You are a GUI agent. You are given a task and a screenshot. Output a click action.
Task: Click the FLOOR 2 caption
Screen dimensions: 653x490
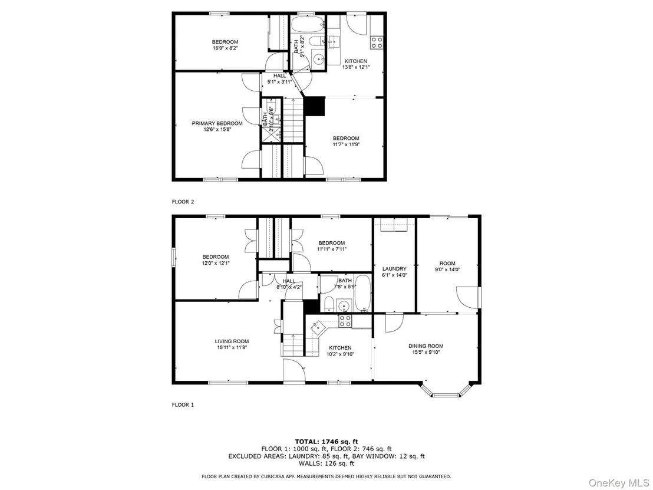click(x=183, y=202)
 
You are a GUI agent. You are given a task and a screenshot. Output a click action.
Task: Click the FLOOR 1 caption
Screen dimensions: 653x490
click(x=183, y=405)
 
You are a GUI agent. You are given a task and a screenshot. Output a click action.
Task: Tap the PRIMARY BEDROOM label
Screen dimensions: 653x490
click(x=217, y=123)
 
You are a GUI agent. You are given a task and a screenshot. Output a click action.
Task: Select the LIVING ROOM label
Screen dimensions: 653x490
click(x=232, y=341)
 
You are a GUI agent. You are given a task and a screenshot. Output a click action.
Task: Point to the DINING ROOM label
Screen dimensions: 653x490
click(x=426, y=346)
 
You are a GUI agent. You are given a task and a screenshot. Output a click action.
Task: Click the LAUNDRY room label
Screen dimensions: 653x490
click(x=394, y=269)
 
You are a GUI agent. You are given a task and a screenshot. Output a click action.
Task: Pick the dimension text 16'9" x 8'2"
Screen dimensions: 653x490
click(x=225, y=48)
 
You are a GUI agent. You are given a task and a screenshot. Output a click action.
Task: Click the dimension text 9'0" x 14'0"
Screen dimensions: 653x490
click(x=447, y=269)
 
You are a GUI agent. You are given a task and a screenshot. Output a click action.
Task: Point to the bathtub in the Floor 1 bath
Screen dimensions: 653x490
click(x=362, y=293)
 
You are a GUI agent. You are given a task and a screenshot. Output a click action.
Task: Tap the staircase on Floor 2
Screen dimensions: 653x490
click(x=293, y=120)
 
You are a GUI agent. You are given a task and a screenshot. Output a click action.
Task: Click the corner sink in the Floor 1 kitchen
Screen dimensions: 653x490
click(x=318, y=326)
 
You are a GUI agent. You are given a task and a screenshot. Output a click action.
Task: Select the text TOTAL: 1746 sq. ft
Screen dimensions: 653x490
click(x=326, y=442)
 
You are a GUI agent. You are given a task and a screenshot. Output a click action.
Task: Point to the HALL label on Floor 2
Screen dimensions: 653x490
click(x=280, y=76)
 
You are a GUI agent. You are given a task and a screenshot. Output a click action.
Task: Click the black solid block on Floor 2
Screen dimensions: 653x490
click(x=315, y=107)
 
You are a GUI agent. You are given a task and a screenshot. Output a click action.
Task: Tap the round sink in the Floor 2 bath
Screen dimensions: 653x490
click(x=319, y=59)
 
